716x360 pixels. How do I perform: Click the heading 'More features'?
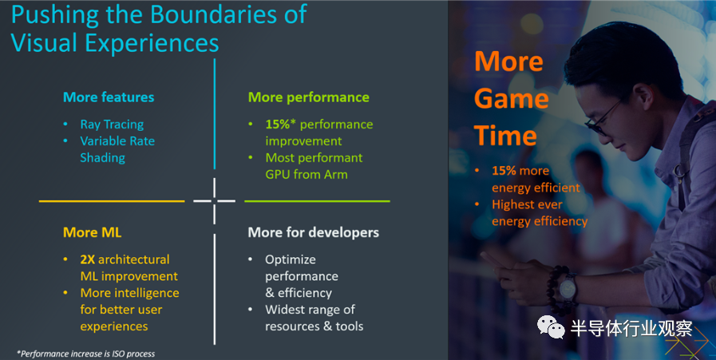click(109, 97)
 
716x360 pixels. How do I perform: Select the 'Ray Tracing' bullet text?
click(112, 125)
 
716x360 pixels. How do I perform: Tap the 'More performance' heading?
click(308, 97)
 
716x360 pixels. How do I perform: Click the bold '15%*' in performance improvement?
click(282, 125)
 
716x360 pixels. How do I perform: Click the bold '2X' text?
click(89, 259)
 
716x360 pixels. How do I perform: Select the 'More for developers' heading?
click(313, 232)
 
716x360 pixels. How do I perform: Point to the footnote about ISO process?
click(85, 353)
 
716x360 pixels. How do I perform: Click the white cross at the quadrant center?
click(215, 200)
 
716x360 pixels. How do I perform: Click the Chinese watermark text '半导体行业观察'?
click(631, 328)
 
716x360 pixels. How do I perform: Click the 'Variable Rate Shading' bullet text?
click(117, 149)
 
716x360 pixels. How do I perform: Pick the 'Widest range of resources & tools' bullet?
click(314, 318)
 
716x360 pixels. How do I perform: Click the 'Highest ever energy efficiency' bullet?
click(539, 212)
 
